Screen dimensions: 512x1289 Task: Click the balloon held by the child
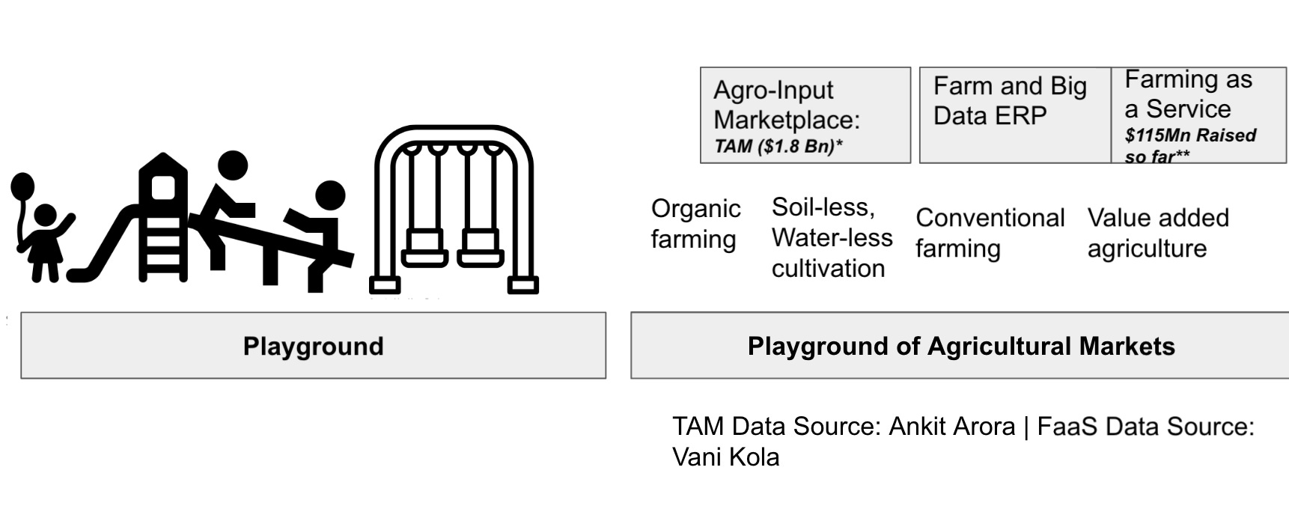[22, 187]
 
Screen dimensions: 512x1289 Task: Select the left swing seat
[424, 247]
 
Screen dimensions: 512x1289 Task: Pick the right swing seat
[480, 247]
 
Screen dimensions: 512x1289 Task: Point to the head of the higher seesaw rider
[232, 166]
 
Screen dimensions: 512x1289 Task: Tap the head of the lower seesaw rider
[329, 195]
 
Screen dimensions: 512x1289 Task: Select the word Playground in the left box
[313, 346]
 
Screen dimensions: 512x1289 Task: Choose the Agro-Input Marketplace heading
[786, 105]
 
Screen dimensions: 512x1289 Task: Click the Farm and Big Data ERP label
[1009, 101]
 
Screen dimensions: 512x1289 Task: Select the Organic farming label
[695, 224]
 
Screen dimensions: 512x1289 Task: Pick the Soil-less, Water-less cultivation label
[831, 237]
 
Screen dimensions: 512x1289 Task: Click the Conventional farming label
[990, 233]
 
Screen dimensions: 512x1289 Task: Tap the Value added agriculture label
[1157, 233]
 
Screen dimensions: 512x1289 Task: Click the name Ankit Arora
[951, 426]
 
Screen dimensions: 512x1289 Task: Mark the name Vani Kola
[725, 457]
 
